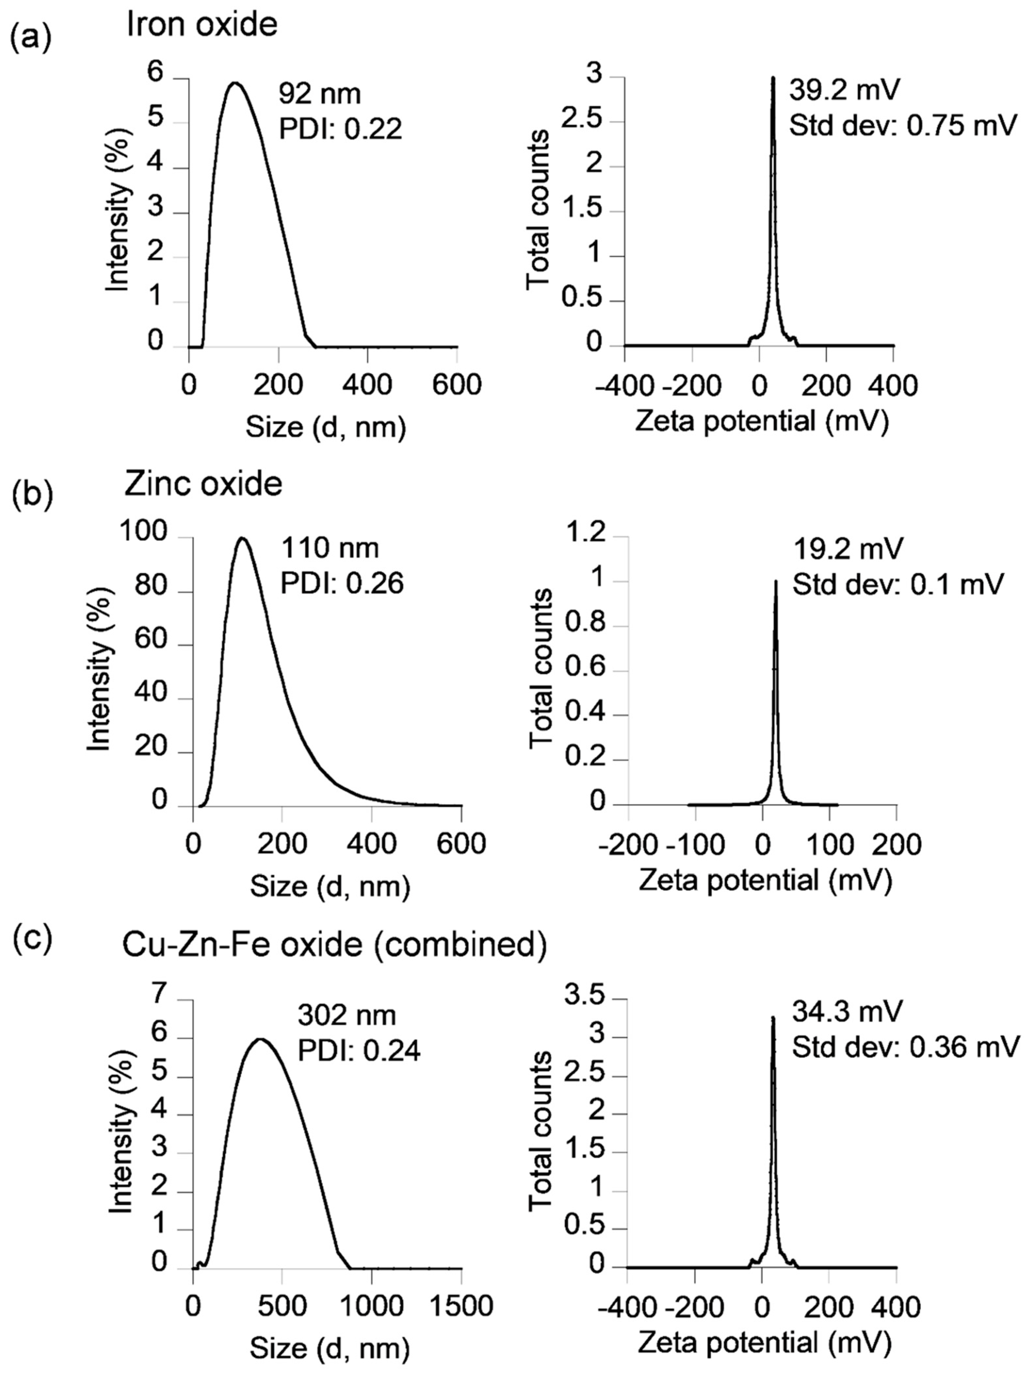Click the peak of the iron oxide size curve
[234, 83]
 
